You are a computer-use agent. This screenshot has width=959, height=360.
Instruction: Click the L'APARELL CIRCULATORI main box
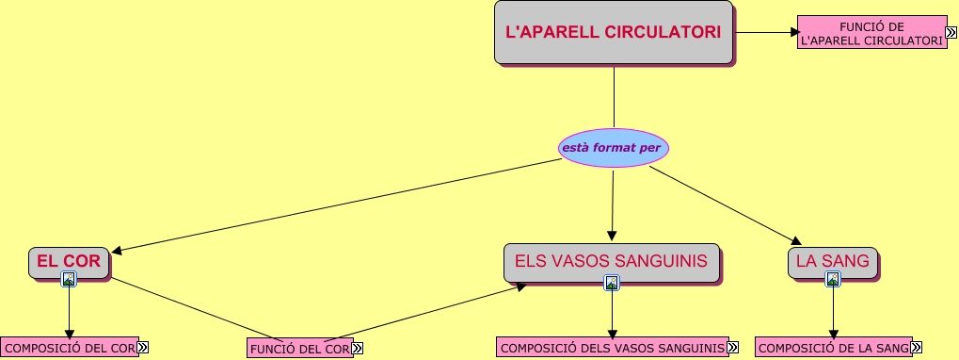pos(613,32)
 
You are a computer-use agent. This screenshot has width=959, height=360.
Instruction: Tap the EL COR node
pos(69,261)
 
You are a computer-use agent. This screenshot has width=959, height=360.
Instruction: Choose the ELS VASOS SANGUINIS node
pos(612,261)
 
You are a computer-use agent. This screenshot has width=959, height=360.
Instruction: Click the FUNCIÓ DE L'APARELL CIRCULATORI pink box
pos(871,32)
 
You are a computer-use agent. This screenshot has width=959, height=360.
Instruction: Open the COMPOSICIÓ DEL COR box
pos(70,348)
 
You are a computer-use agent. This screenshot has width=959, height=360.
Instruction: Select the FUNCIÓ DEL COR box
pos(299,349)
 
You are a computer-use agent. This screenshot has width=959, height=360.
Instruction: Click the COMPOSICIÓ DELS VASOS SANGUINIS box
pos(612,348)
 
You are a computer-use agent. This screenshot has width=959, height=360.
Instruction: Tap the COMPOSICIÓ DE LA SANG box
pos(832,348)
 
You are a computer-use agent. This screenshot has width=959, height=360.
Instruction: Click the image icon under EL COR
pos(69,279)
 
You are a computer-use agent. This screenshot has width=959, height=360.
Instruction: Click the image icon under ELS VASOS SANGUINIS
pos(612,282)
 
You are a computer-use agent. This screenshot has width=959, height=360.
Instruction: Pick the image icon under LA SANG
pos(832,279)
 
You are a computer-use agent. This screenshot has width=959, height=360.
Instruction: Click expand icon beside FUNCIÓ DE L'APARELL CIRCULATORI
pos(952,32)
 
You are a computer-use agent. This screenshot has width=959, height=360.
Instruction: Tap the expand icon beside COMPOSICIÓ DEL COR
pos(143,348)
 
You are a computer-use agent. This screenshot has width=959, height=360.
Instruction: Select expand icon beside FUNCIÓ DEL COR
pos(358,349)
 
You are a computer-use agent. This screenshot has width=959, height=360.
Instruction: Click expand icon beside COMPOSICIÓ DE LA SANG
pos(916,348)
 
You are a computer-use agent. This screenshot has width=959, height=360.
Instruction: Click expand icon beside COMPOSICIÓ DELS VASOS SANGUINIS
pos(733,348)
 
